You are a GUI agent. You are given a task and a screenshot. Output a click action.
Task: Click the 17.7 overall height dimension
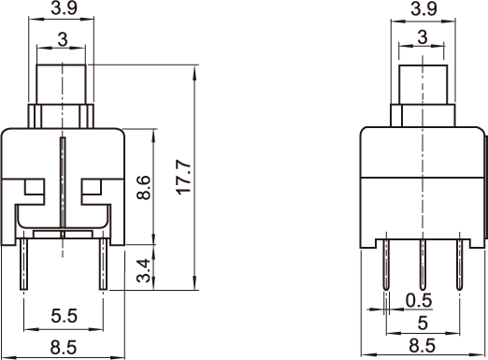click(183, 177)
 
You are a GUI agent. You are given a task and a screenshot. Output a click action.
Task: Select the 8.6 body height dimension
click(144, 187)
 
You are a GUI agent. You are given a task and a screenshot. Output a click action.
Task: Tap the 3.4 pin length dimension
click(144, 270)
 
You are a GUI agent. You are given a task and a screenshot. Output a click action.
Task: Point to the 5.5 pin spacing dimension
click(64, 316)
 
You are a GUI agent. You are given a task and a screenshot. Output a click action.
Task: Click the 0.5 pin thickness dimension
click(419, 300)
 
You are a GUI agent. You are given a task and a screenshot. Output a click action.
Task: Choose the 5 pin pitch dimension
click(423, 323)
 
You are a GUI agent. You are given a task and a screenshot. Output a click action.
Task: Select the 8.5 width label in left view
click(64, 347)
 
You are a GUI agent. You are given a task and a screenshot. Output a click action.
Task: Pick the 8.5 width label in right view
click(423, 346)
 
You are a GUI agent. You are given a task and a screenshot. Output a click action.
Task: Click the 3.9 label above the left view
click(65, 8)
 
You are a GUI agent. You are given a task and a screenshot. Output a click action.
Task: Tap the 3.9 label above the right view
click(423, 9)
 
